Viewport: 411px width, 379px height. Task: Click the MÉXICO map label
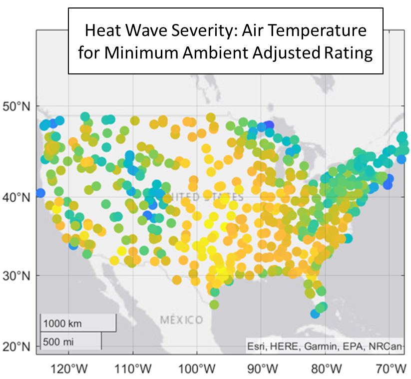[x=181, y=320]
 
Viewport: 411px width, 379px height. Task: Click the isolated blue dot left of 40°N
[x=40, y=193]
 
